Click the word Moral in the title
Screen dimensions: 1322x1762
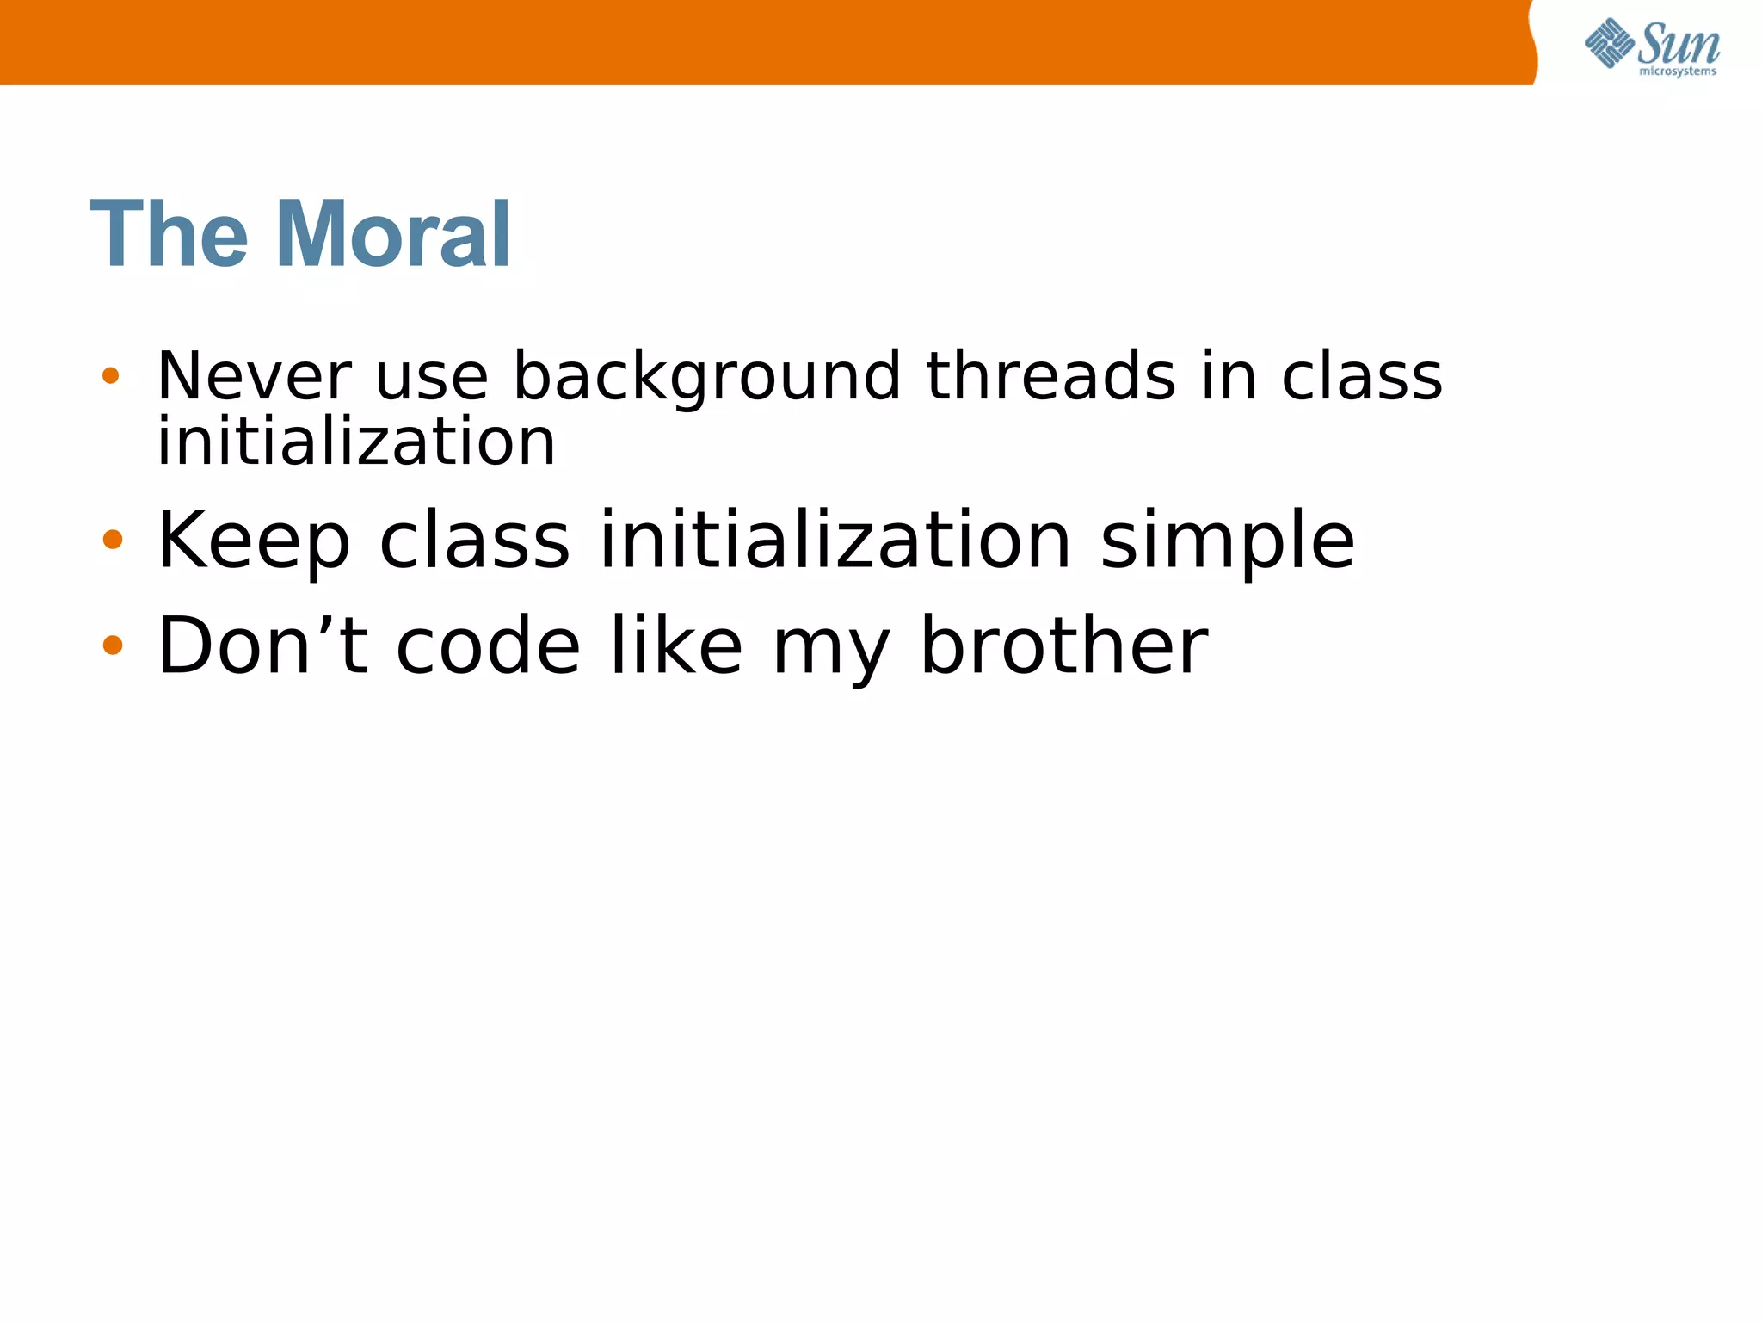tap(393, 234)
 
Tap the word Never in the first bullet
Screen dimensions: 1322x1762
tap(255, 377)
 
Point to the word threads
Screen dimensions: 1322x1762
tap(1050, 376)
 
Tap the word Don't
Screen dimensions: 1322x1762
tap(263, 646)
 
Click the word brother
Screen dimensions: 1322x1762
tap(1064, 646)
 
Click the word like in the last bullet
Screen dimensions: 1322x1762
tap(676, 646)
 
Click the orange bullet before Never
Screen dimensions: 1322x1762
tap(111, 375)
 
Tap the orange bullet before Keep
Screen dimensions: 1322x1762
tap(113, 540)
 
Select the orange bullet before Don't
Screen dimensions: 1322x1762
tap(113, 645)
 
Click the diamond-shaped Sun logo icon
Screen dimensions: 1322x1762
tap(1609, 43)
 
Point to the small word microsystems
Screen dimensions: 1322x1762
tap(1678, 71)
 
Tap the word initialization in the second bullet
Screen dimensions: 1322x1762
tap(835, 541)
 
